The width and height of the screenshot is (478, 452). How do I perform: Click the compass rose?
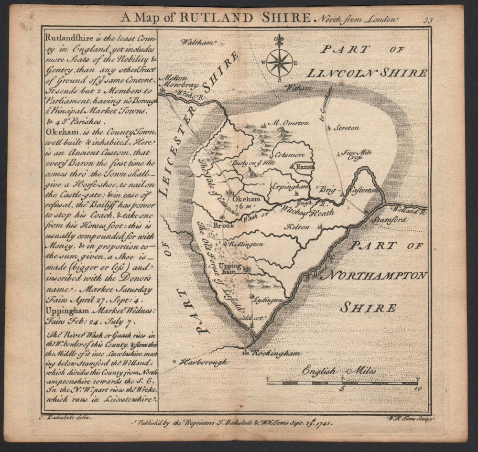(279, 62)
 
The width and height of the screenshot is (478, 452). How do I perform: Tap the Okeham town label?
(246, 199)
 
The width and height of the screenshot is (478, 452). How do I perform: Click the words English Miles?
(339, 371)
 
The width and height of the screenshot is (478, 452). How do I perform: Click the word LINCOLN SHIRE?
(366, 73)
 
